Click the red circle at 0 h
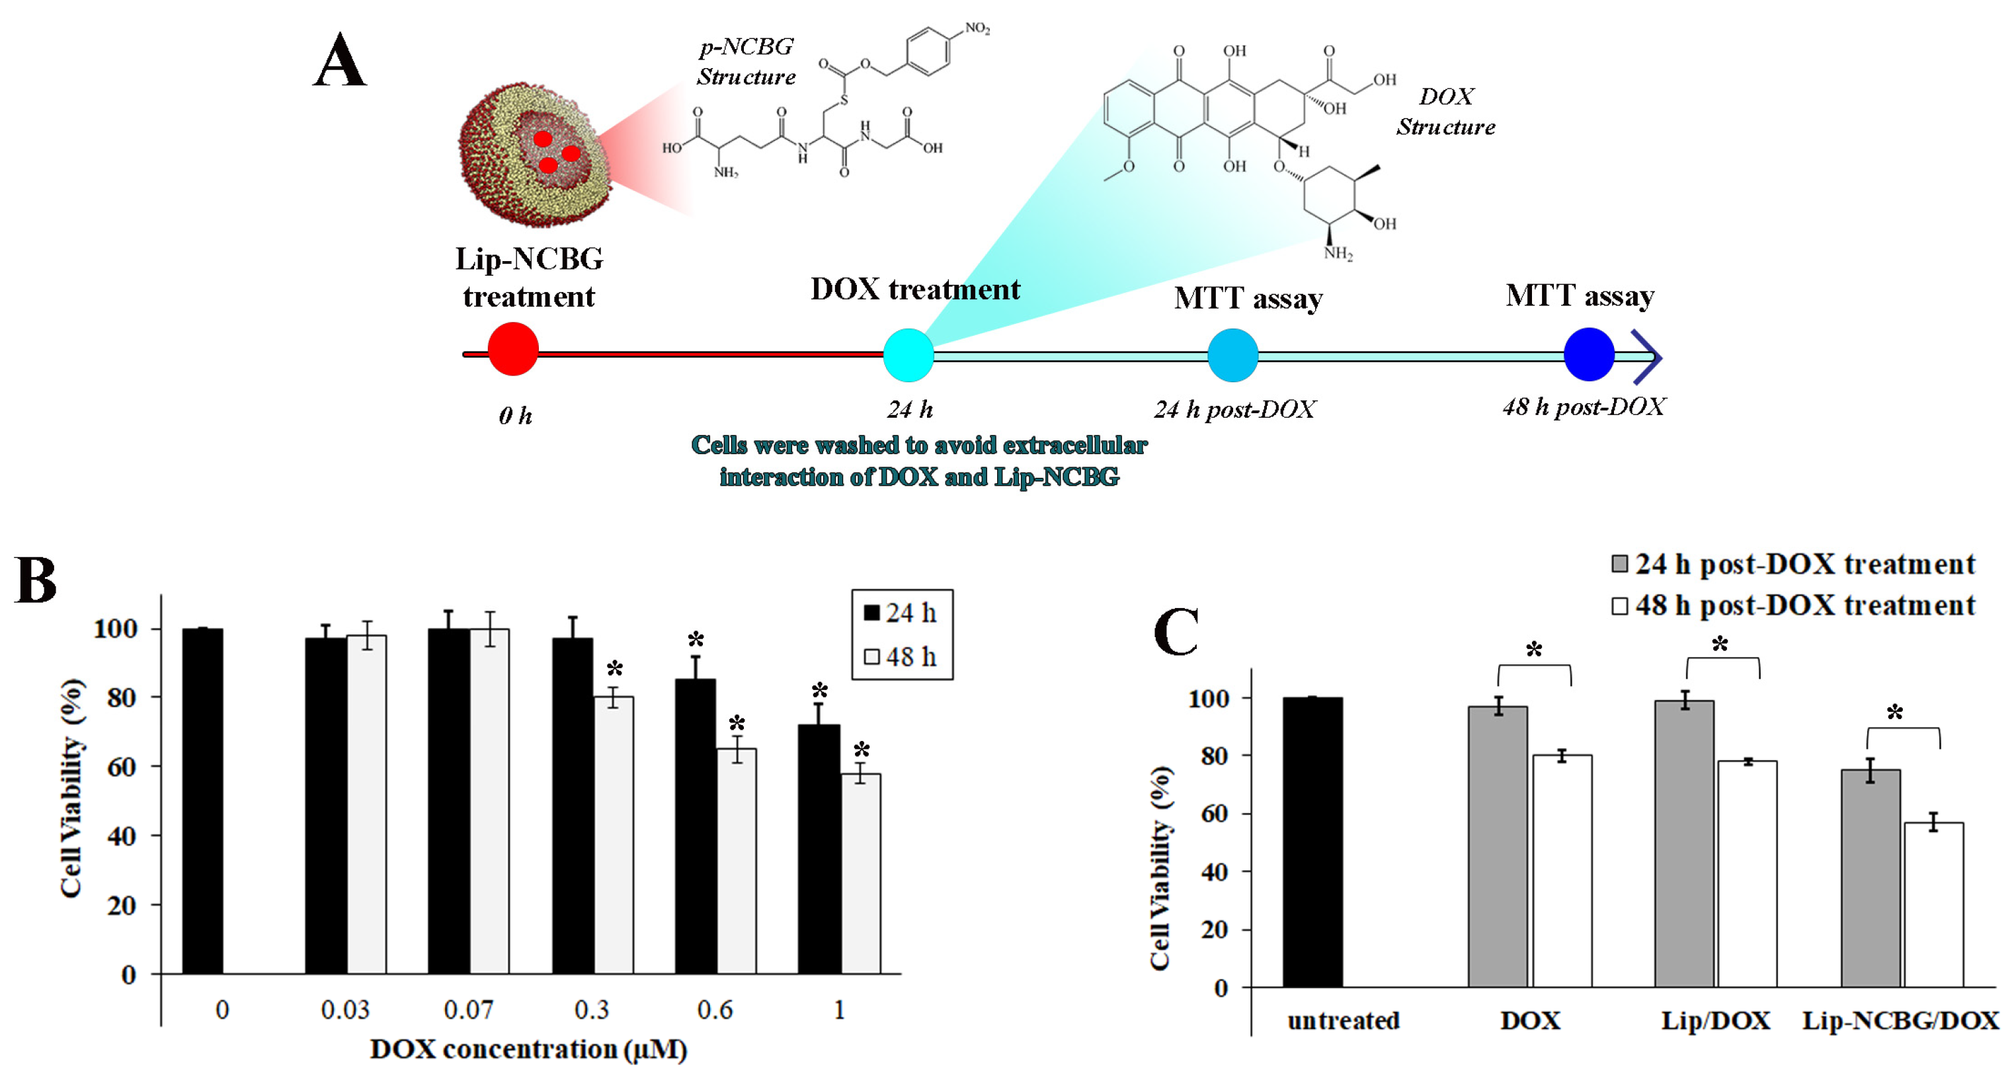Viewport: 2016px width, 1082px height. [x=512, y=349]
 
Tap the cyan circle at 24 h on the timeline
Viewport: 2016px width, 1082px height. [x=908, y=355]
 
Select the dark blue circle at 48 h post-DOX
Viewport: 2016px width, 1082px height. [x=1588, y=354]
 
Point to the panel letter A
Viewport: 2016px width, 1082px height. [x=340, y=61]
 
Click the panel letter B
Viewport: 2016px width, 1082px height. [x=35, y=580]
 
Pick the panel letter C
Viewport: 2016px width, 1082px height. [x=1176, y=631]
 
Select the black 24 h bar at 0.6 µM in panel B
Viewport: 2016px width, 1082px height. [x=695, y=826]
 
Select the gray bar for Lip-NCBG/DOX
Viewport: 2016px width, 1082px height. [x=1870, y=878]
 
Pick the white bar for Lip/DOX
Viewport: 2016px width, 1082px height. [x=1747, y=873]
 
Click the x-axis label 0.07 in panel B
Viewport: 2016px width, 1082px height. [x=468, y=1010]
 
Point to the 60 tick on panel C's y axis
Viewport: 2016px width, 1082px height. [x=1214, y=814]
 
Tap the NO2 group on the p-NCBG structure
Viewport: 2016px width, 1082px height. [x=977, y=29]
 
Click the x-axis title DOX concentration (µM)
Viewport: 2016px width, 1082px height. [x=528, y=1049]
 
